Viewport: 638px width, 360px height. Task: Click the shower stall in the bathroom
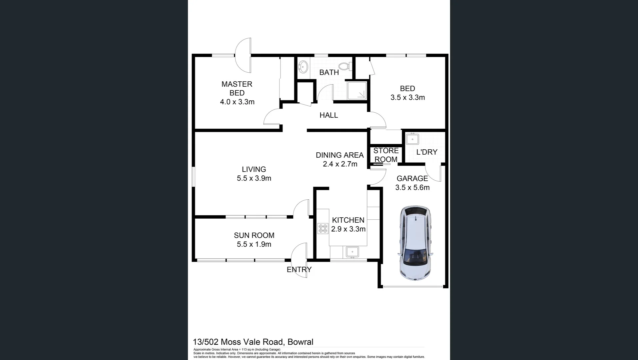point(357,90)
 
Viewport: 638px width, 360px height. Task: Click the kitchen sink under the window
point(352,252)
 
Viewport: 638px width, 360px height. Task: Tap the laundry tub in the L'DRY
point(412,139)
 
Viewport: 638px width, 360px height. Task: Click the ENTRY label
point(299,270)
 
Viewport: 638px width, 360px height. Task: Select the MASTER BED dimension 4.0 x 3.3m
point(237,102)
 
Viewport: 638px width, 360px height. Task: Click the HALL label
point(328,115)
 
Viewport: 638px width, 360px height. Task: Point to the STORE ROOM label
point(386,155)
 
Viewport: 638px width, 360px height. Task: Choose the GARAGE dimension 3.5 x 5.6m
point(412,188)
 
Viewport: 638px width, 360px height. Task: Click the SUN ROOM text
point(254,235)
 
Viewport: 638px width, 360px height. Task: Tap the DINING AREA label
point(339,155)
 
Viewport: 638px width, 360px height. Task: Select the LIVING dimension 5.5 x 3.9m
point(254,178)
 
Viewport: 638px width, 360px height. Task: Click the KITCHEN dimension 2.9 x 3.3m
point(348,229)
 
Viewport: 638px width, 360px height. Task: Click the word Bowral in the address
point(300,342)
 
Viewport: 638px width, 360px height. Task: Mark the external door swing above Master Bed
point(244,55)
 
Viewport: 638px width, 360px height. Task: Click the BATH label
point(329,73)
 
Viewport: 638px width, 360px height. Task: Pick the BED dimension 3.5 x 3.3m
point(407,98)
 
